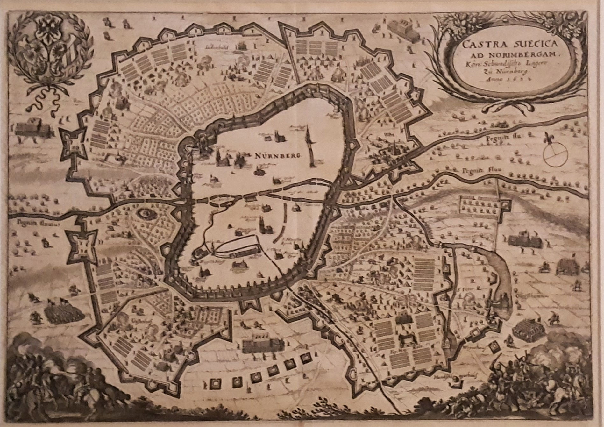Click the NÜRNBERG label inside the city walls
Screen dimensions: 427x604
coord(278,156)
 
